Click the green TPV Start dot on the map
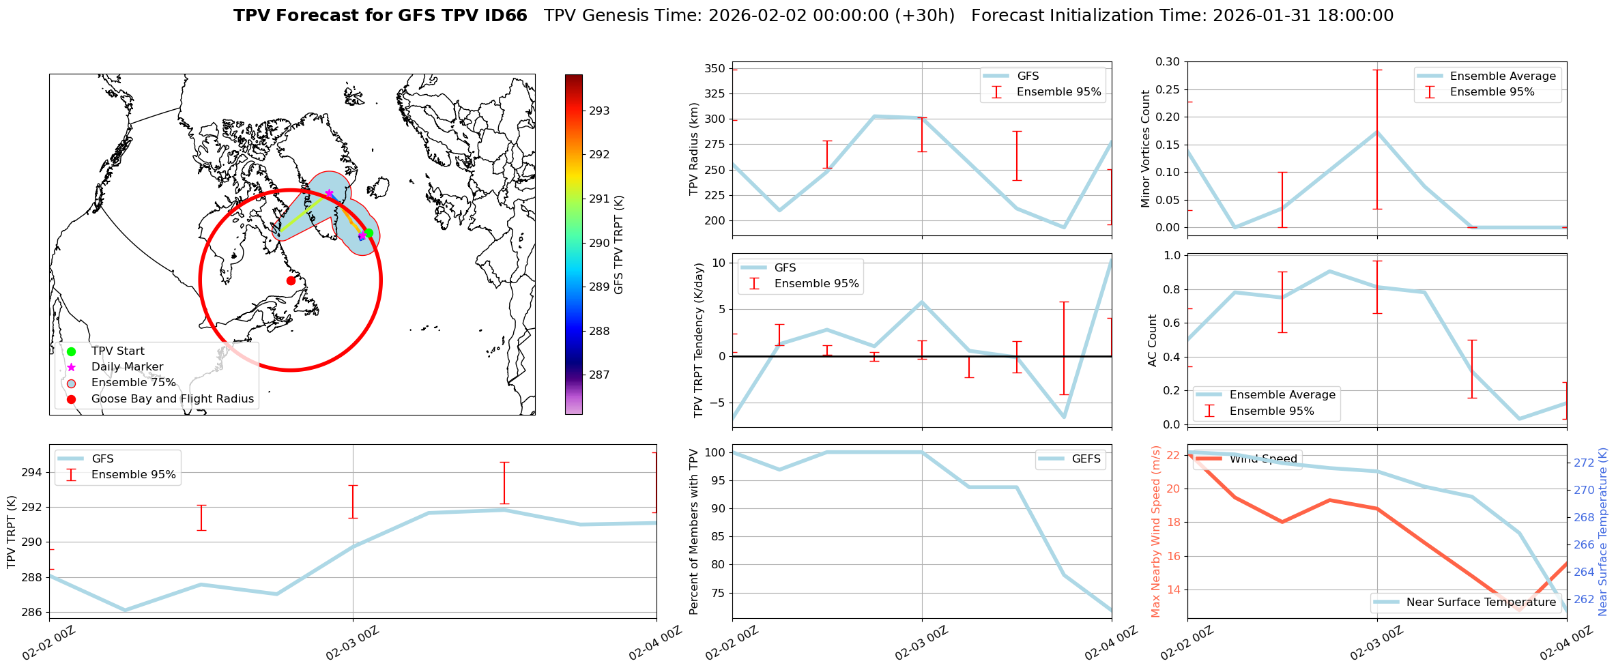coord(369,233)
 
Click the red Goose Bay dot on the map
coord(291,280)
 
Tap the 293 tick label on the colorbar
coord(599,111)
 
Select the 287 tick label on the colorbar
coord(599,375)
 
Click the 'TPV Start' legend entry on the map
coord(117,351)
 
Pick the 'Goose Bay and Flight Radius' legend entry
coord(172,399)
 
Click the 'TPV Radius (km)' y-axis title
coord(695,149)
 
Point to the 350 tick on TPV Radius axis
coord(715,69)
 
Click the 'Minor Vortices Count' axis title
coord(1145,149)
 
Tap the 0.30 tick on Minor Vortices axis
coord(1167,62)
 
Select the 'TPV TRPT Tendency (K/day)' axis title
coord(698,341)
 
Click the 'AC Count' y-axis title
coord(1153,340)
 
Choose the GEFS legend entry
coord(1086,459)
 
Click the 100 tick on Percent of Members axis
coord(714,452)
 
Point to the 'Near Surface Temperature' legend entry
coord(1481,602)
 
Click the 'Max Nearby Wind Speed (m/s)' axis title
coord(1155,531)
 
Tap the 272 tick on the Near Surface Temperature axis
coord(1584,463)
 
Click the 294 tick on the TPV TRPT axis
coord(33,473)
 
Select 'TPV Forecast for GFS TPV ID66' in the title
coord(380,16)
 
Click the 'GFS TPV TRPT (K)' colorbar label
coord(618,245)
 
